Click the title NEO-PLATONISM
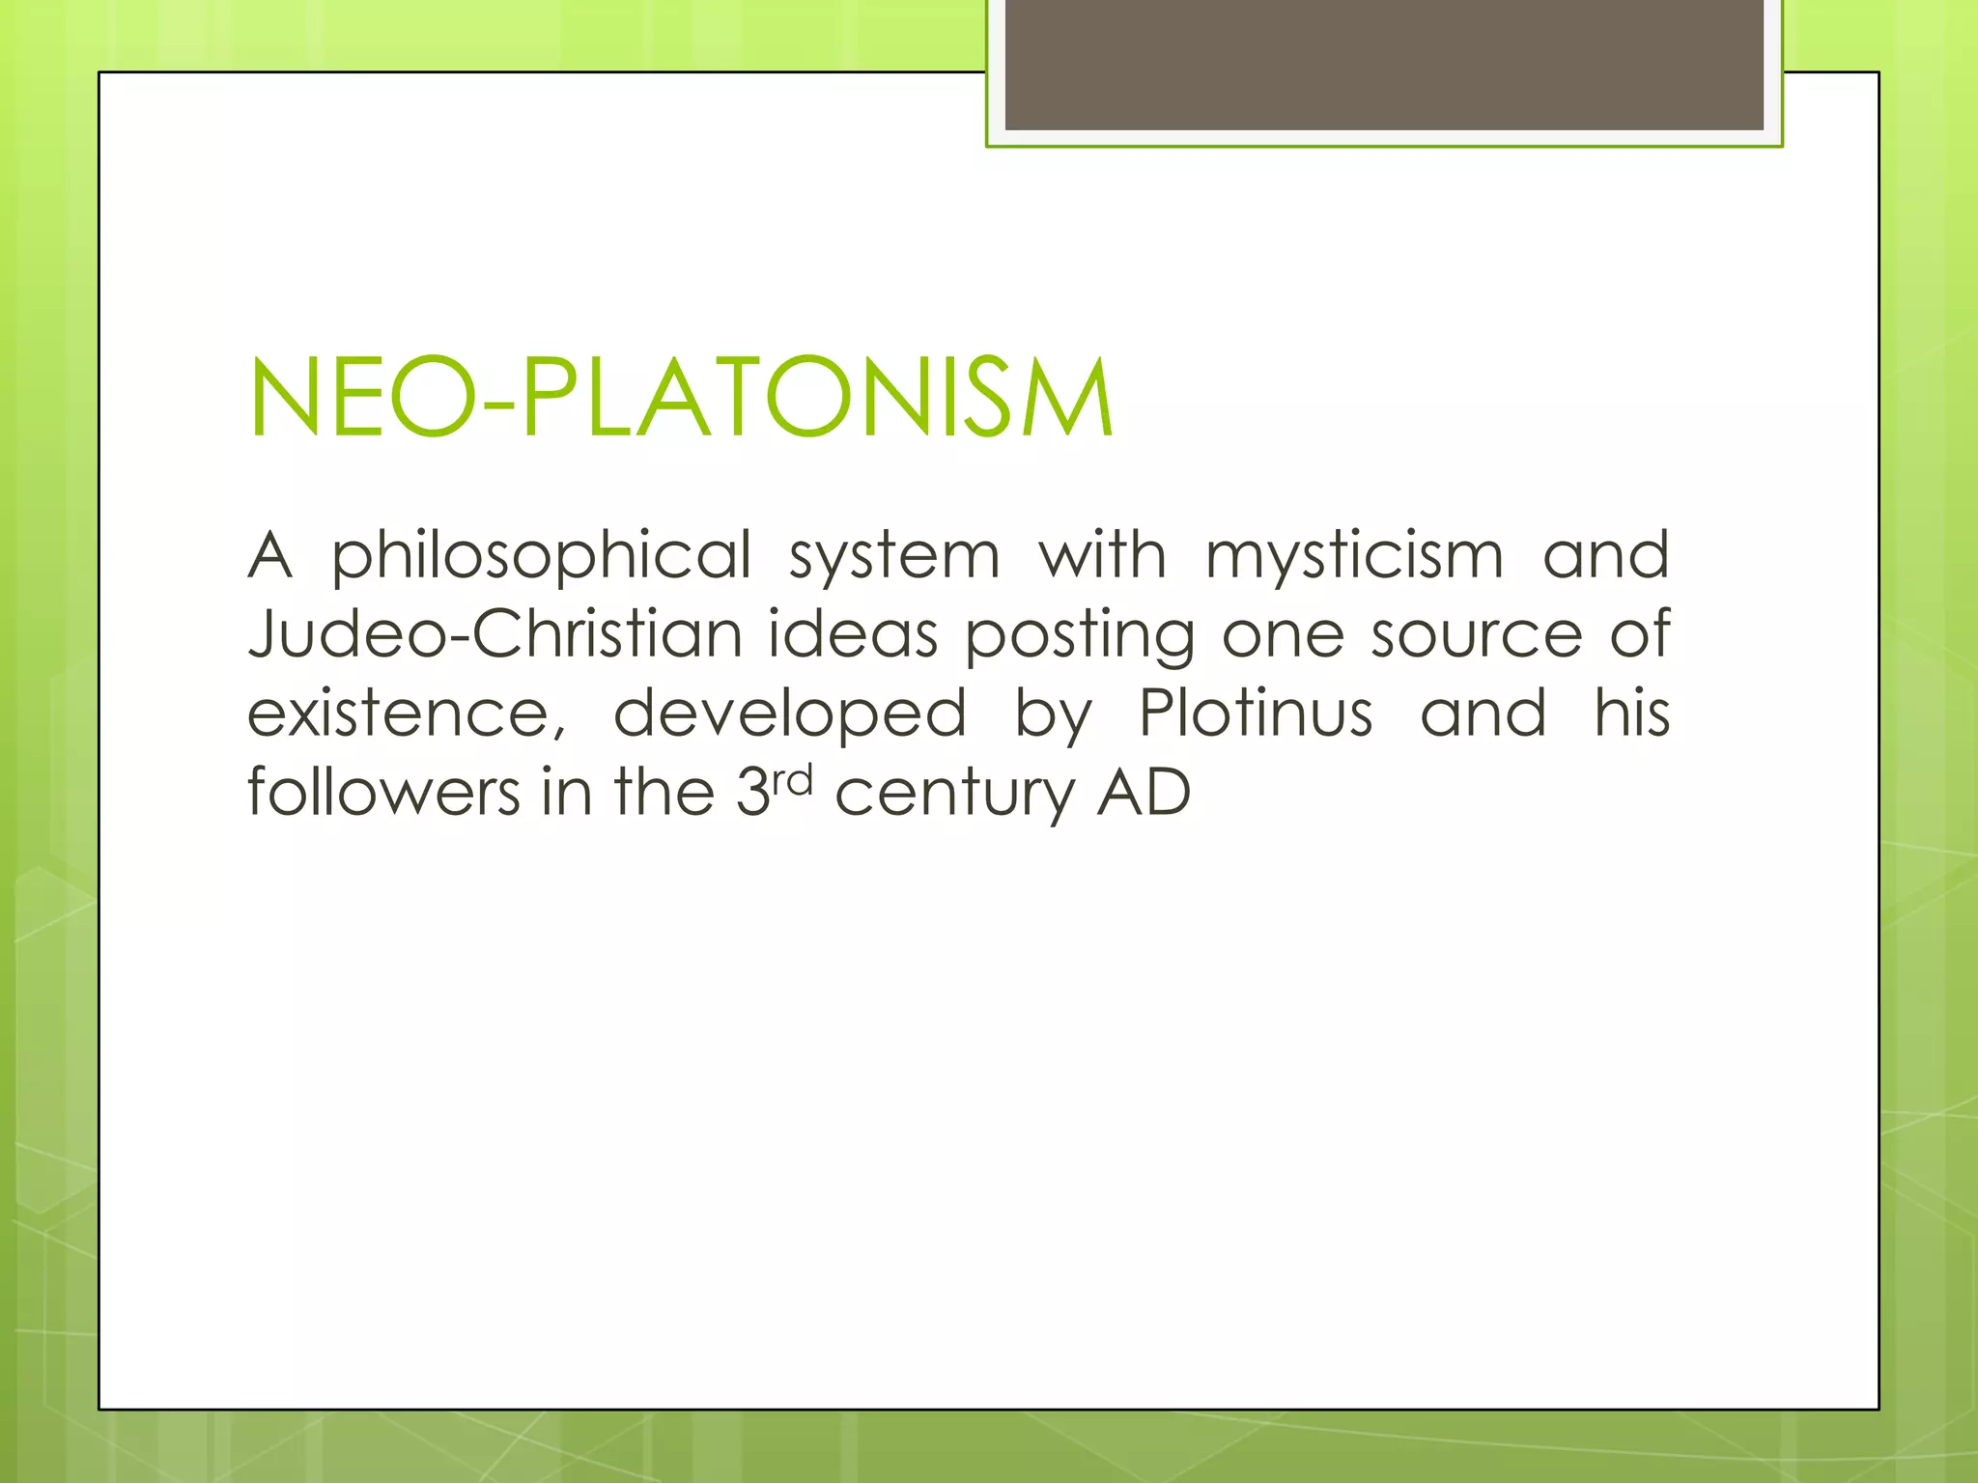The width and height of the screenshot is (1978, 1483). (x=681, y=399)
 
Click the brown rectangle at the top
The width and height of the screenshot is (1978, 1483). (x=1384, y=64)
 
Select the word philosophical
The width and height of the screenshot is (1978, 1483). (x=542, y=557)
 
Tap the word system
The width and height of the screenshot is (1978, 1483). (x=894, y=557)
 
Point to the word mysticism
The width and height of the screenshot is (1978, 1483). (x=1354, y=557)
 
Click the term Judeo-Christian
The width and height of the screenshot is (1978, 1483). (x=495, y=635)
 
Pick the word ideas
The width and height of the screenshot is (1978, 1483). (x=853, y=635)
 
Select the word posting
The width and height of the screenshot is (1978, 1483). (x=1080, y=635)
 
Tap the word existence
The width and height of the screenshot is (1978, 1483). (x=406, y=714)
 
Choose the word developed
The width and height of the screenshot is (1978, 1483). (x=789, y=714)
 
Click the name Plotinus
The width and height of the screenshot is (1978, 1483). (x=1256, y=714)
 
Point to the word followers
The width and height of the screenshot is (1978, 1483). (x=384, y=793)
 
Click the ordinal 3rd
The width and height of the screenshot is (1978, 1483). (x=774, y=791)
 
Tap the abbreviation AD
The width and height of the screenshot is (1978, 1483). (x=1144, y=793)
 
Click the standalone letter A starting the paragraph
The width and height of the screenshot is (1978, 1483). (x=269, y=557)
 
